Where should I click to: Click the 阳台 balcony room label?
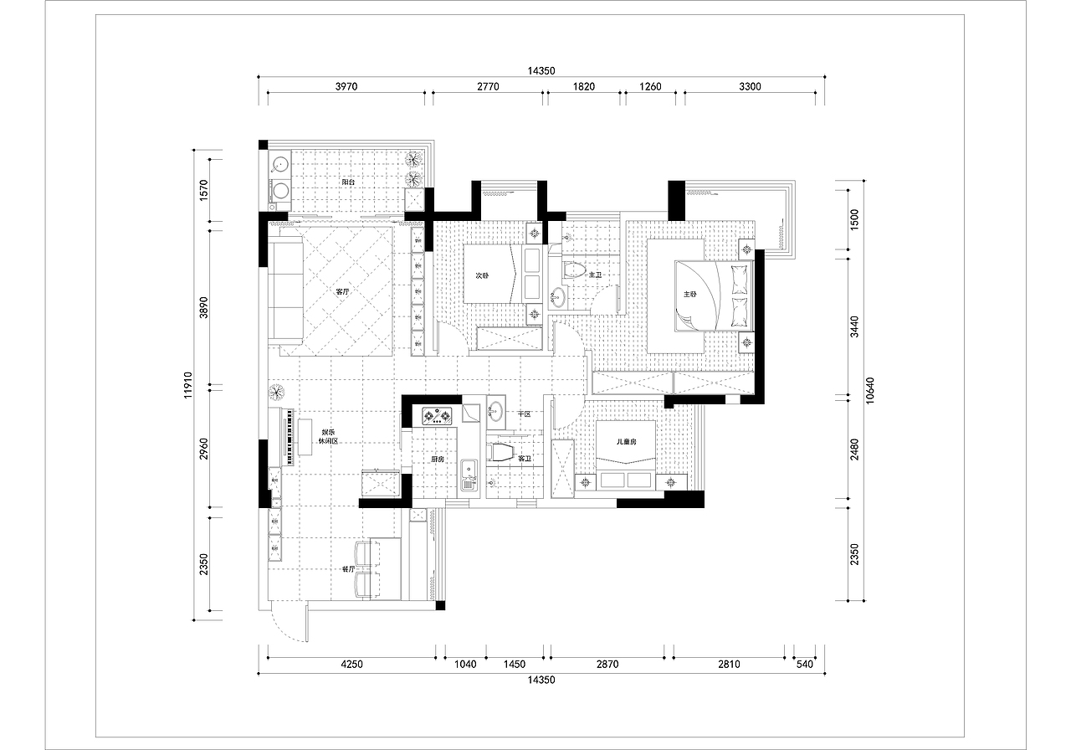349,182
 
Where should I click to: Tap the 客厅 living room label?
343,291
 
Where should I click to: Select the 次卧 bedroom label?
482,275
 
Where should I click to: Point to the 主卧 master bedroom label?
690,294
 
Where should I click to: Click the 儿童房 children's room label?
627,442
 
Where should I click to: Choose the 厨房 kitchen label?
438,459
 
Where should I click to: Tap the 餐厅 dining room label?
349,569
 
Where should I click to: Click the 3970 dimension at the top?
346,86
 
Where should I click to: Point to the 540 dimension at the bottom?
805,665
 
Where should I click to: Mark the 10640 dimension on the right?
869,390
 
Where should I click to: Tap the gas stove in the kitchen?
437,416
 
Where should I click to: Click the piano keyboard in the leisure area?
289,436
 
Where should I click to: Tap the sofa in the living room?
285,293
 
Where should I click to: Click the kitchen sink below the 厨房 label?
469,475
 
